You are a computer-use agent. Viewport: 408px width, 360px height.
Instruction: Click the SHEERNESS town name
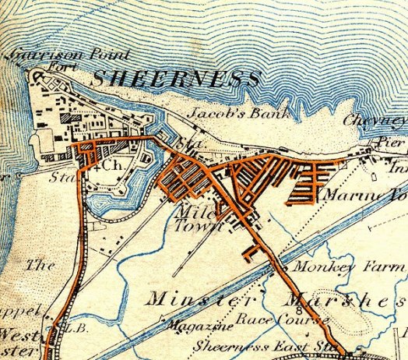point(175,78)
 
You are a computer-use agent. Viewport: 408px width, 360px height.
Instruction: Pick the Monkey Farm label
point(346,266)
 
